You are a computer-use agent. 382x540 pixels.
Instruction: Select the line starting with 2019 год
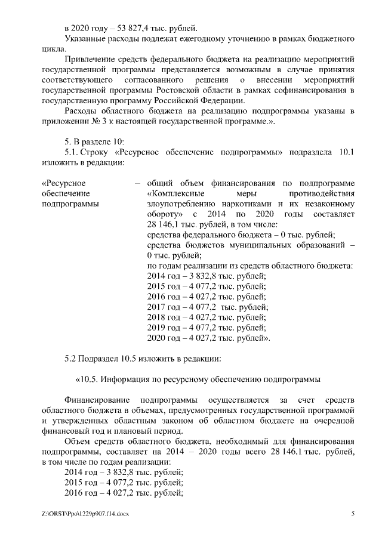(206, 328)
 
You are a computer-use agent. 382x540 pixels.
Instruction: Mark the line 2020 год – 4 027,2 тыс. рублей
(208, 338)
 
